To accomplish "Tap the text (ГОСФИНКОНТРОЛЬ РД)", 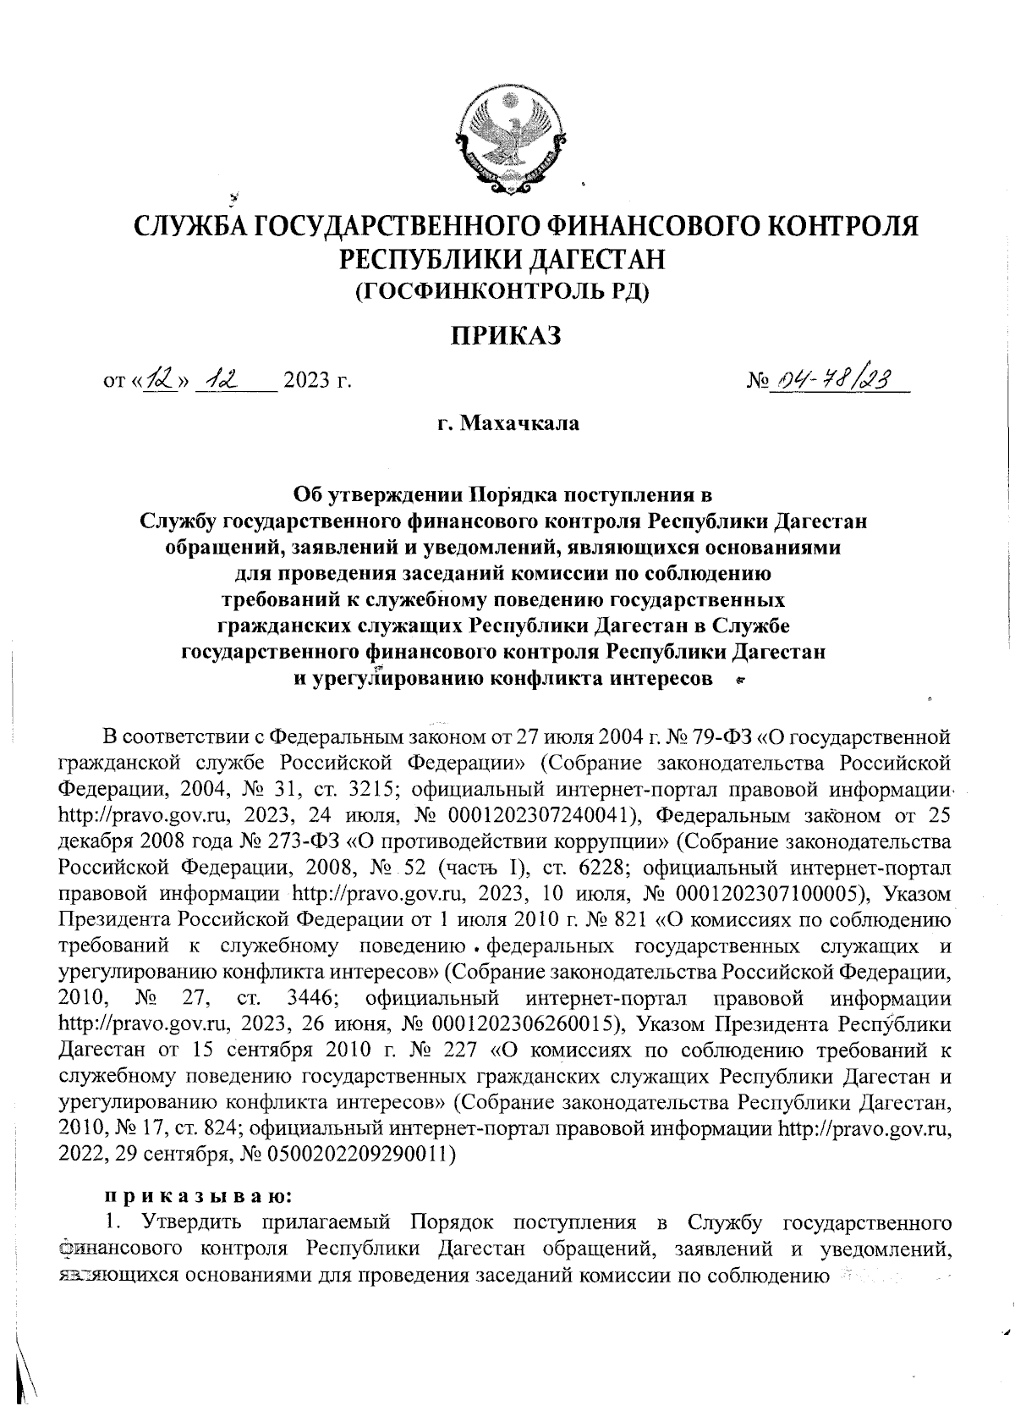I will tap(507, 292).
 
